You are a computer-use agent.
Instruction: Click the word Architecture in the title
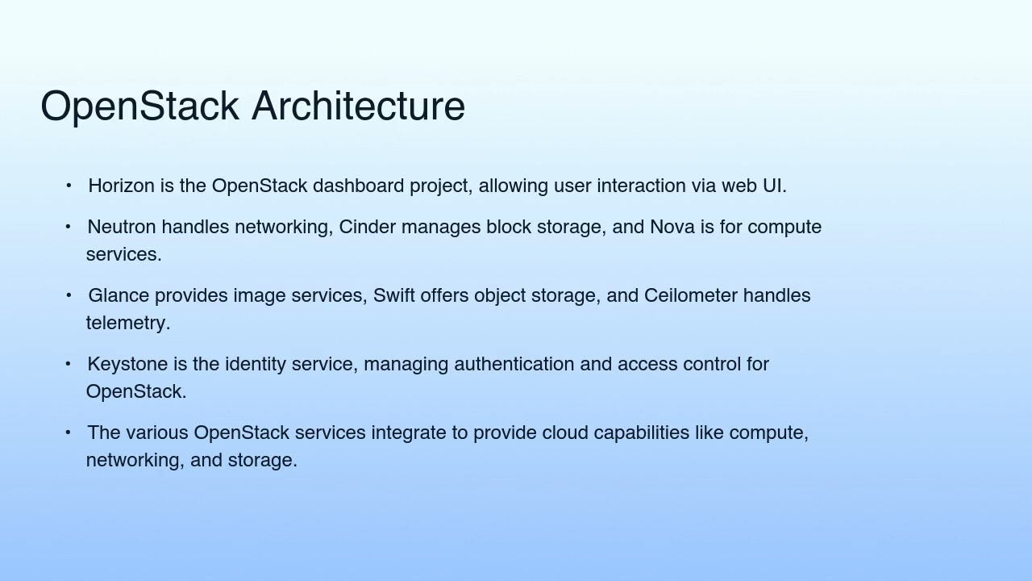point(358,107)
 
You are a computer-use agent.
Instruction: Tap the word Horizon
point(121,186)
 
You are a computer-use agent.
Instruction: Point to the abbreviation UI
point(773,186)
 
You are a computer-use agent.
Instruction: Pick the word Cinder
point(367,228)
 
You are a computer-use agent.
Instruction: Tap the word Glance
point(118,296)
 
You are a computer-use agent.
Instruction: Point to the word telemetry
point(127,324)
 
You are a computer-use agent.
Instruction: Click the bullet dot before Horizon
point(69,186)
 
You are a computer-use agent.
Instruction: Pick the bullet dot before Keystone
point(69,365)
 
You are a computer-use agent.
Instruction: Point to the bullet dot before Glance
point(69,296)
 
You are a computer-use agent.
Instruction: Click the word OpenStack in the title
point(139,107)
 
